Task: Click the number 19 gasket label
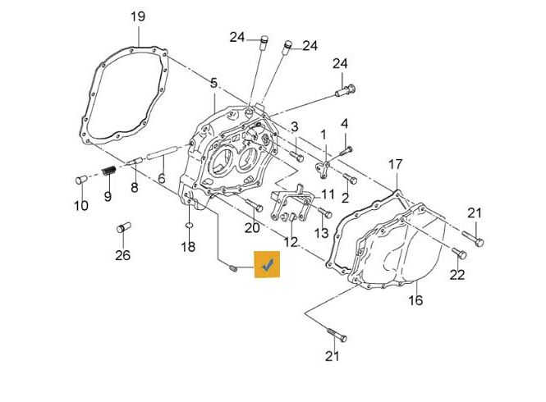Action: (138, 16)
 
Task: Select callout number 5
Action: (213, 83)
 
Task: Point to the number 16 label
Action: (415, 300)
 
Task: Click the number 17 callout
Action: (396, 163)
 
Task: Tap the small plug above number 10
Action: (80, 178)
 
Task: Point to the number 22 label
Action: (457, 274)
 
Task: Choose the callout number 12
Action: (291, 241)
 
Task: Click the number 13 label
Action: (321, 233)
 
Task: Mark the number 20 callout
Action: (252, 227)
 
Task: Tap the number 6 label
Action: (162, 178)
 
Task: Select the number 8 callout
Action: (134, 188)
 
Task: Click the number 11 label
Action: (328, 194)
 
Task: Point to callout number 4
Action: (345, 124)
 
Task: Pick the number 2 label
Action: (345, 198)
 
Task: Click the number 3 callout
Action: (293, 126)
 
